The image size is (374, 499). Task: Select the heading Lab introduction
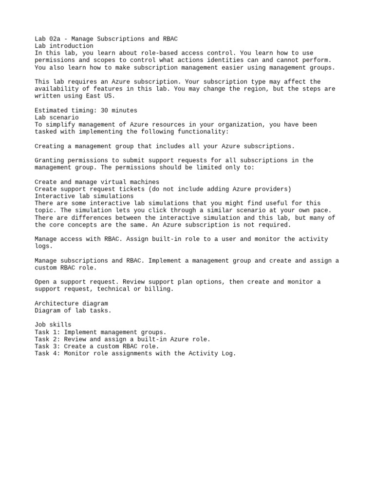tap(64, 46)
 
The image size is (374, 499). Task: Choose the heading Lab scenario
tap(56, 117)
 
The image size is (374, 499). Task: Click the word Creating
tap(49, 146)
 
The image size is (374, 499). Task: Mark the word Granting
tap(49, 160)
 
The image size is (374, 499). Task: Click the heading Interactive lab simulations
tap(84, 196)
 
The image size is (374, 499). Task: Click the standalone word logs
tap(43, 246)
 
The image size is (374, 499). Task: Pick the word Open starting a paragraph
tap(42, 282)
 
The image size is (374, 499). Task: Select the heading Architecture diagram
tap(71, 304)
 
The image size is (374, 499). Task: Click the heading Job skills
tap(53, 325)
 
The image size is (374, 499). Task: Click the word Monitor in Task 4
tap(76, 354)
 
